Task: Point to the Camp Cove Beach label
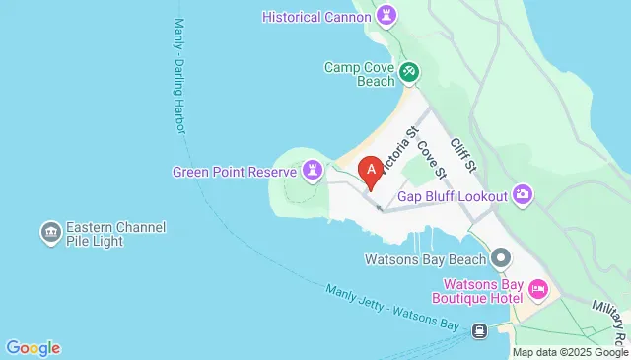pyautogui.click(x=360, y=76)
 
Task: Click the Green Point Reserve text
pyautogui.click(x=235, y=172)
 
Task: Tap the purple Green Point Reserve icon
pyautogui.click(x=313, y=172)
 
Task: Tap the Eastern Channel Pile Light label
pyautogui.click(x=115, y=234)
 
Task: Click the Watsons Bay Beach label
pyautogui.click(x=425, y=259)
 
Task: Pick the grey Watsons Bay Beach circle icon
pyautogui.click(x=501, y=259)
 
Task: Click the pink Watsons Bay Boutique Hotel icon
pyautogui.click(x=538, y=289)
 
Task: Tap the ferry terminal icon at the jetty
pyautogui.click(x=480, y=330)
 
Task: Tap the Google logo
pyautogui.click(x=33, y=347)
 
